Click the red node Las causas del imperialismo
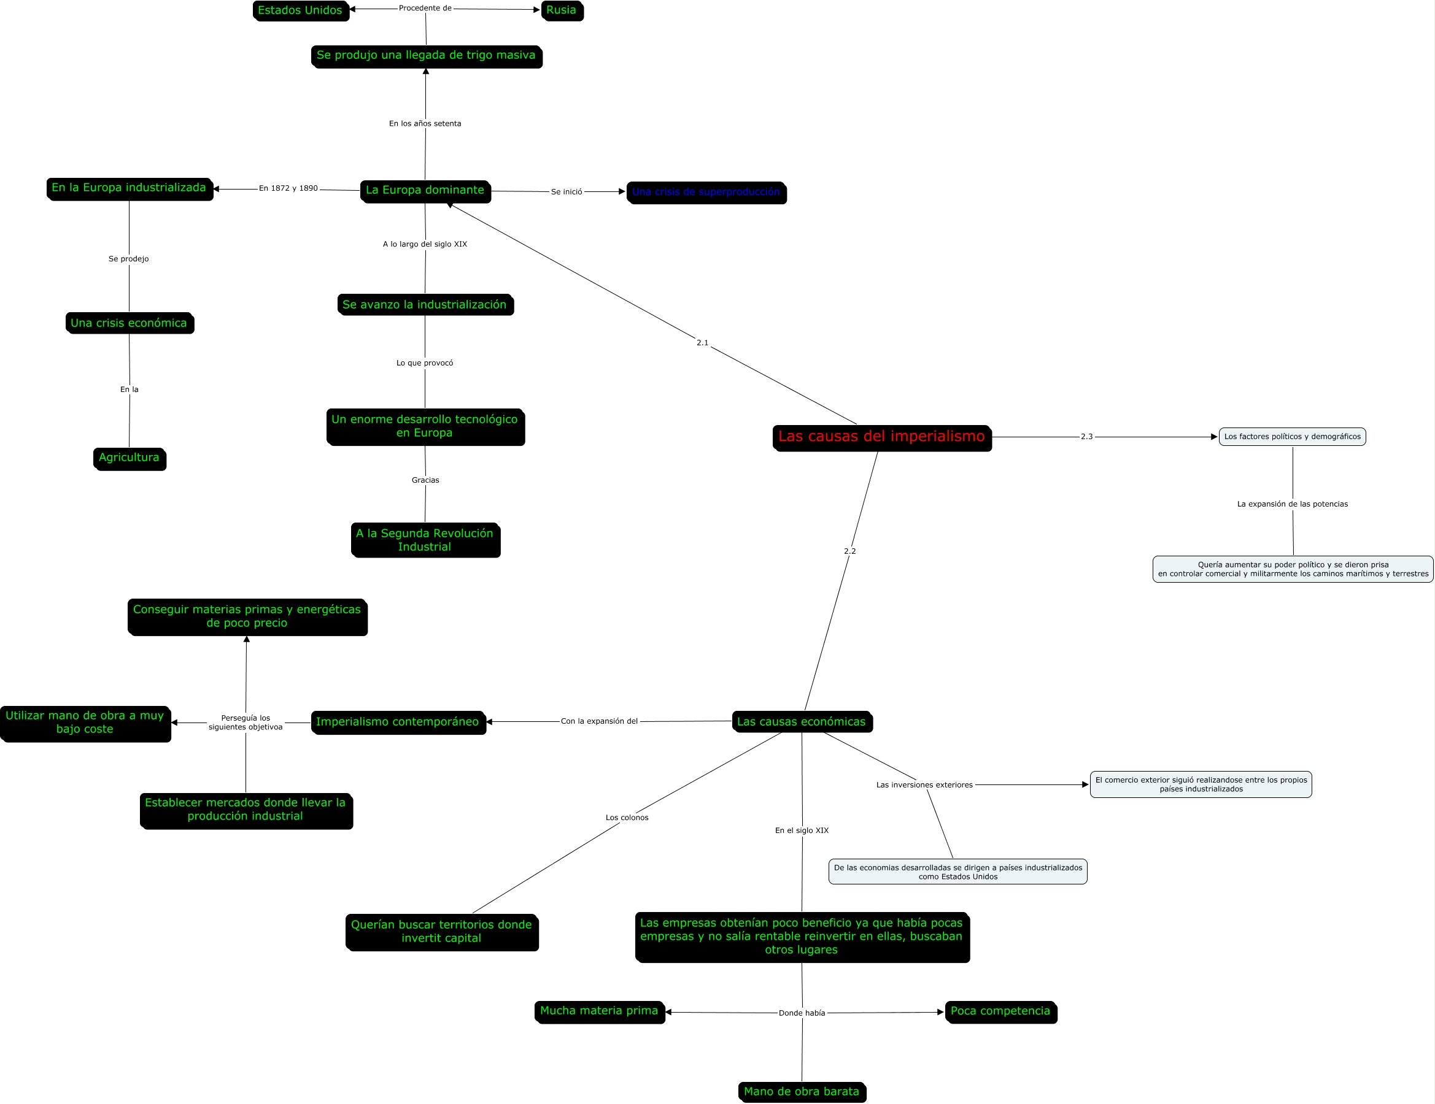click(881, 437)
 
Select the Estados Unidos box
click(300, 10)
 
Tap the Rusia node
click(561, 10)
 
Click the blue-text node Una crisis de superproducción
click(706, 193)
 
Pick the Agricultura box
click(129, 458)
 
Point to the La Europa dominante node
click(425, 191)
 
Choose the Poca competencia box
click(1000, 1011)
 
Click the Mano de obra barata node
click(801, 1092)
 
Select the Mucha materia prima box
click(598, 1011)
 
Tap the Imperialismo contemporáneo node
click(398, 722)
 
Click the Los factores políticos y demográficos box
click(1292, 437)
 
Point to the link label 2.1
click(702, 343)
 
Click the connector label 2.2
click(849, 551)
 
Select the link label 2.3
click(1086, 437)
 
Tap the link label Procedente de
click(425, 9)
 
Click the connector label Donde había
click(802, 1013)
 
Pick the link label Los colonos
click(627, 818)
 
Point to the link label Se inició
click(567, 192)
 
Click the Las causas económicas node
click(801, 722)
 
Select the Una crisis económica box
click(129, 323)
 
